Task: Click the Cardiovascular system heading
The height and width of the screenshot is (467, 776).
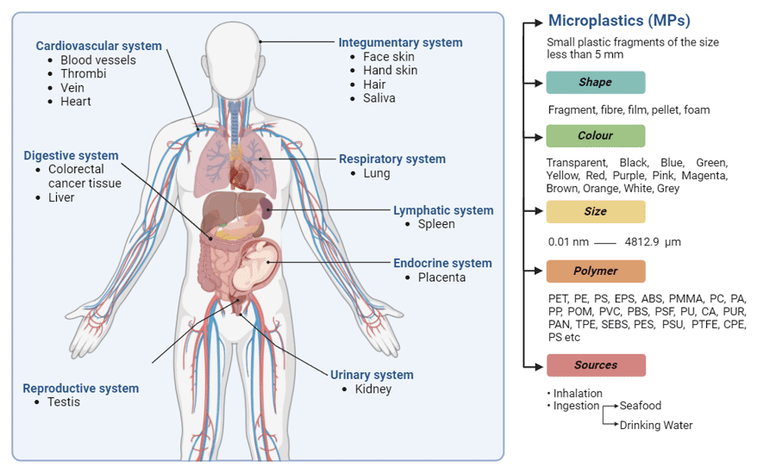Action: click(98, 46)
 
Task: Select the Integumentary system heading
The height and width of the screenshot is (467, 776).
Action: click(400, 42)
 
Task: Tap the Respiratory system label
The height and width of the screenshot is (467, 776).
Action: click(391, 159)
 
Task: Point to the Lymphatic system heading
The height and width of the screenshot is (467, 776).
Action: click(443, 210)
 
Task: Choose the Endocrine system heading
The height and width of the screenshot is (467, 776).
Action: click(442, 263)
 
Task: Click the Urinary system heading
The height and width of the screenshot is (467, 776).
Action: click(372, 375)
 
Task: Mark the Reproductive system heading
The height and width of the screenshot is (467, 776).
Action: click(80, 388)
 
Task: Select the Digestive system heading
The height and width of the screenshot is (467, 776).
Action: click(71, 156)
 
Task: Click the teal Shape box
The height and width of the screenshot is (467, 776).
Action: click(595, 83)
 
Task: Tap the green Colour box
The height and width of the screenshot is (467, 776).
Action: click(595, 136)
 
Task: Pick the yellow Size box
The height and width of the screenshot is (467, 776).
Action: click(595, 212)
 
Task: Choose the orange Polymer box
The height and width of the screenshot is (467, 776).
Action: click(595, 271)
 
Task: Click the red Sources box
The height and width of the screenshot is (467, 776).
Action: click(595, 365)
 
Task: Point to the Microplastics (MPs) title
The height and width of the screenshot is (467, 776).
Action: click(619, 21)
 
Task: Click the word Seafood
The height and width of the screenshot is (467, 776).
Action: click(641, 406)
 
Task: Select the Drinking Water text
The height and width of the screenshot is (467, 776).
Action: click(656, 425)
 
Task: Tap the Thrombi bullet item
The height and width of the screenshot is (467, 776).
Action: click(83, 74)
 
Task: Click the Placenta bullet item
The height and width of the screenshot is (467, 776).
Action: click(441, 277)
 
